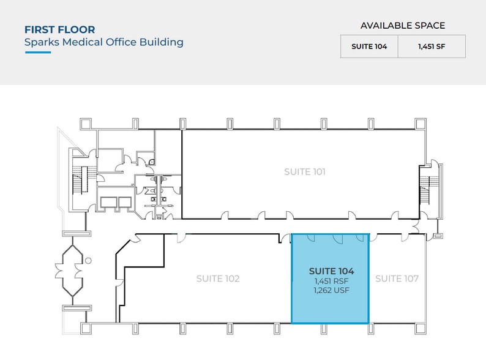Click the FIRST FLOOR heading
(60, 30)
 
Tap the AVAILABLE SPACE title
(403, 26)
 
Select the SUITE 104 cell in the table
(369, 47)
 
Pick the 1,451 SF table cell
(432, 47)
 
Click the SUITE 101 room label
(305, 172)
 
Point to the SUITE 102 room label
(218, 279)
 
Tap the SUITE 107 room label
(397, 279)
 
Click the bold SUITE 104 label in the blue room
(331, 271)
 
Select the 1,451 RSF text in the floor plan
(331, 281)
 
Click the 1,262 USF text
(331, 290)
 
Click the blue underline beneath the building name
(38, 53)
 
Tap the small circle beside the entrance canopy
(88, 260)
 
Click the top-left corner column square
(86, 124)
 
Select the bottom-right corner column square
(421, 329)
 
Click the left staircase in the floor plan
(81, 181)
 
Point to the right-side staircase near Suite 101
(425, 190)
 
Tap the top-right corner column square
(421, 124)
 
